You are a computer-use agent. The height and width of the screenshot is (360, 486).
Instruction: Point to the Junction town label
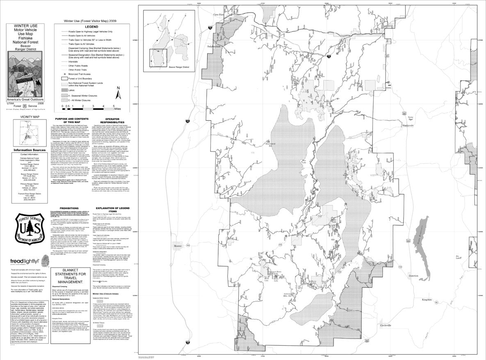coord(413,276)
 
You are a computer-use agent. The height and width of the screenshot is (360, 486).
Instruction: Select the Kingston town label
coord(427,300)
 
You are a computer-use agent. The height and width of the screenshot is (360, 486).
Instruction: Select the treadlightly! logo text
coord(25,261)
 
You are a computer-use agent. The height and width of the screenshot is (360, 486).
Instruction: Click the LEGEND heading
coord(91,26)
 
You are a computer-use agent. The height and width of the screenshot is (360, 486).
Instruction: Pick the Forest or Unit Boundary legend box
coord(64,77)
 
